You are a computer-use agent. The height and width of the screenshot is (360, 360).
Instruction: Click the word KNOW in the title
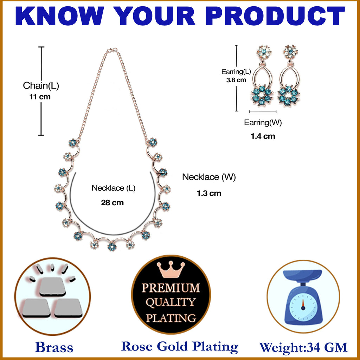[x=60, y=16]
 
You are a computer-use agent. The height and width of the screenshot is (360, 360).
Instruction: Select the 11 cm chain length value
[x=40, y=97]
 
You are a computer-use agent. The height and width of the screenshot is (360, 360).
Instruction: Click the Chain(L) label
[x=41, y=85]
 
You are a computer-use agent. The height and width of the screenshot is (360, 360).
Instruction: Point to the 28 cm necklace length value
[x=112, y=202]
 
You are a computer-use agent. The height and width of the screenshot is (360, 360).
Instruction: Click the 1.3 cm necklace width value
[x=209, y=193]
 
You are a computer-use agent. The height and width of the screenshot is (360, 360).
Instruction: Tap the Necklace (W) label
[x=209, y=177]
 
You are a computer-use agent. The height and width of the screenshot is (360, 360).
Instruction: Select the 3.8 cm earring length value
[x=236, y=80]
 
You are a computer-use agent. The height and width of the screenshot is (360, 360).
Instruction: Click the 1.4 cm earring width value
[x=263, y=136]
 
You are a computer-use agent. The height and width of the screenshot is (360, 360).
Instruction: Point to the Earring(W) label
[x=263, y=123]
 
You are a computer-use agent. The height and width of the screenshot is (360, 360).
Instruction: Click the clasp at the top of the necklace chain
[x=112, y=50]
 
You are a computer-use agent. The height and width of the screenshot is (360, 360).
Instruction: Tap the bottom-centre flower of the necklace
[x=112, y=246]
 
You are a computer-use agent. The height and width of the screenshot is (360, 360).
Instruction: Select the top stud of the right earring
[x=290, y=52]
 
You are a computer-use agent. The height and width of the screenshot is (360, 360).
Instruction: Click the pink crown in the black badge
[x=171, y=269]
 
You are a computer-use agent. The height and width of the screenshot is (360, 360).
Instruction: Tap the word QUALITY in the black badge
[x=171, y=302]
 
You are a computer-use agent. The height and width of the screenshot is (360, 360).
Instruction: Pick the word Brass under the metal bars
[x=54, y=347]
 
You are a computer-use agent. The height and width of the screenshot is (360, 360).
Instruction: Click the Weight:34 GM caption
[x=303, y=347]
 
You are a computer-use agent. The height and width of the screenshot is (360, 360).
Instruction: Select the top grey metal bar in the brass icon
[x=52, y=286]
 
